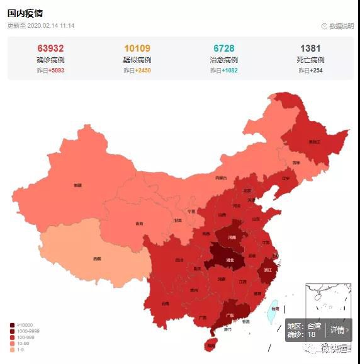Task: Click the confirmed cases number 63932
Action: [50, 48]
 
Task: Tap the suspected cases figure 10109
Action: [137, 48]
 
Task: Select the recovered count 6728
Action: [224, 48]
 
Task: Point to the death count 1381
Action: [310, 48]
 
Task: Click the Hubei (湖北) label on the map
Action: [230, 259]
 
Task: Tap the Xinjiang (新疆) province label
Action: [77, 185]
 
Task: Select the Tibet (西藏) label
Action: [96, 258]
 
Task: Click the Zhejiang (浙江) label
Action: [267, 270]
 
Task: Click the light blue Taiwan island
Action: [274, 309]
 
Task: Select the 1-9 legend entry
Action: [20, 350]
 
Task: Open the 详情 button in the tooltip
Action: [337, 329]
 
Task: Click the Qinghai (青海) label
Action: [139, 224]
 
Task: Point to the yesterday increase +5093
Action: [50, 71]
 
